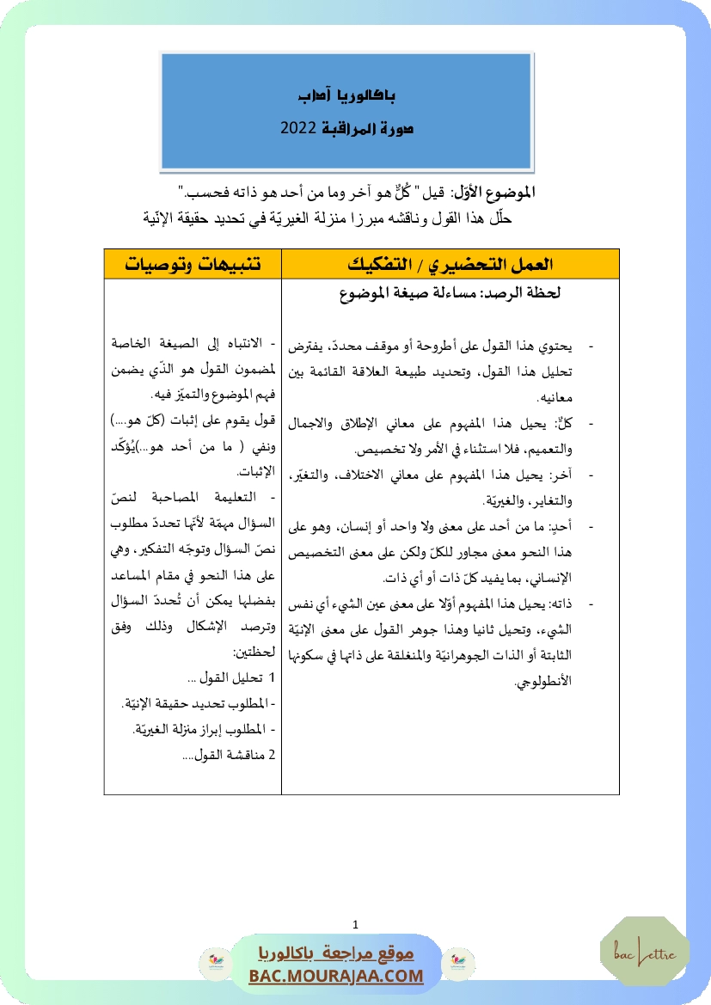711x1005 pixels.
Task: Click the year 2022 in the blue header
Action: (x=298, y=128)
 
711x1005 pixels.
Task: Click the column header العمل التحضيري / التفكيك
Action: (x=451, y=264)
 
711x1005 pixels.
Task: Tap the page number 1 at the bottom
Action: (x=355, y=924)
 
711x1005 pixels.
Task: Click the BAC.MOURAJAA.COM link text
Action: (x=336, y=976)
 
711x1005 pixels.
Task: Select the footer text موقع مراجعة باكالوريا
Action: (x=336, y=953)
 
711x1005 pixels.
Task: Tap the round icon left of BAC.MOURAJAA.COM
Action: (x=211, y=962)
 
